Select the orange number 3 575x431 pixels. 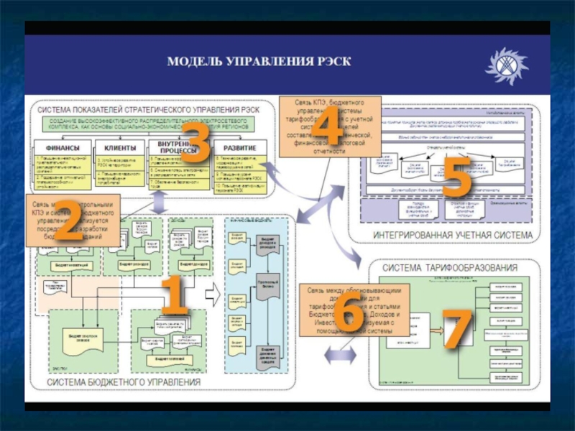[x=194, y=142]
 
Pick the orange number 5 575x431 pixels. [x=456, y=177]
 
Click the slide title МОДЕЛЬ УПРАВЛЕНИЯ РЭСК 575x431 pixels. [x=259, y=62]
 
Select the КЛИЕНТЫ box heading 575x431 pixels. [x=119, y=147]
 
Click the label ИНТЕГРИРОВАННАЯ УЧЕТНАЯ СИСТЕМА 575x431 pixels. [x=453, y=235]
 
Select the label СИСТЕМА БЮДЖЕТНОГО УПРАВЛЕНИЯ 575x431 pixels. [x=124, y=382]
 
